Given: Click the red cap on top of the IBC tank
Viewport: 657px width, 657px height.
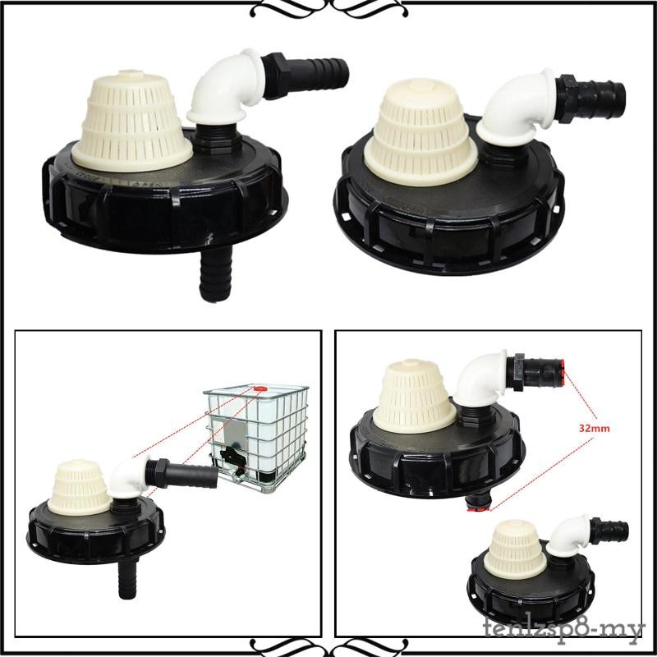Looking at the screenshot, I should point(260,384).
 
